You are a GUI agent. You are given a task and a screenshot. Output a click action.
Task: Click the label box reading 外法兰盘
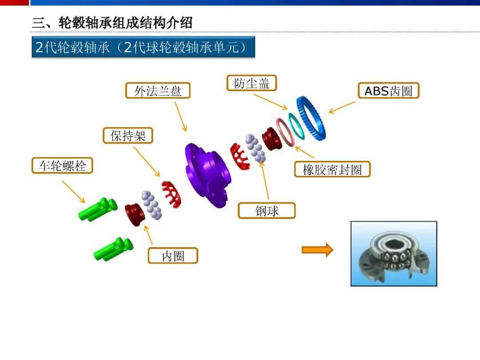point(158,91)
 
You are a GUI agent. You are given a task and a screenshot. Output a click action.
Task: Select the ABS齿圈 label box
point(388,91)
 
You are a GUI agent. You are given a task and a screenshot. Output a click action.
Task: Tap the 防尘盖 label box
point(252,83)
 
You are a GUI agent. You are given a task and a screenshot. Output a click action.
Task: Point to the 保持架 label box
point(128,136)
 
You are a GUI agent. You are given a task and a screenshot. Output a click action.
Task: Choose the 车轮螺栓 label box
point(62,166)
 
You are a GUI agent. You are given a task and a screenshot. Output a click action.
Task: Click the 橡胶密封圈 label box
point(332,169)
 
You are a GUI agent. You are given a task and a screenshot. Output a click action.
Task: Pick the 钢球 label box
point(267,211)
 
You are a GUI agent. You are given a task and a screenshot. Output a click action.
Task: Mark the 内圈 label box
point(173,256)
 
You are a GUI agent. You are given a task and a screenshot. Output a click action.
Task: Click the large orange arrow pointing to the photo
point(317,250)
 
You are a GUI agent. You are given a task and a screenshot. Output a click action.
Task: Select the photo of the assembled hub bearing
point(394,254)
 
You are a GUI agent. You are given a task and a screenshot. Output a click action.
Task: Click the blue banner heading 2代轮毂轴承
point(143,47)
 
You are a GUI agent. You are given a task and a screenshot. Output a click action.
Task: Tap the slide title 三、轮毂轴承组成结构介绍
point(112,23)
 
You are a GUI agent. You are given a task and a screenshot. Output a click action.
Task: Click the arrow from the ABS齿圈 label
point(342,108)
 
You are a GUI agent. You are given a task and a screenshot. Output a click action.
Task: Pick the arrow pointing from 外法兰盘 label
point(180,116)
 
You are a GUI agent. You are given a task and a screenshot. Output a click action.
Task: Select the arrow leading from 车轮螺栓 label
point(73,192)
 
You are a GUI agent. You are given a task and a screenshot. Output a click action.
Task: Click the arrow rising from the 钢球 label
point(265,180)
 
